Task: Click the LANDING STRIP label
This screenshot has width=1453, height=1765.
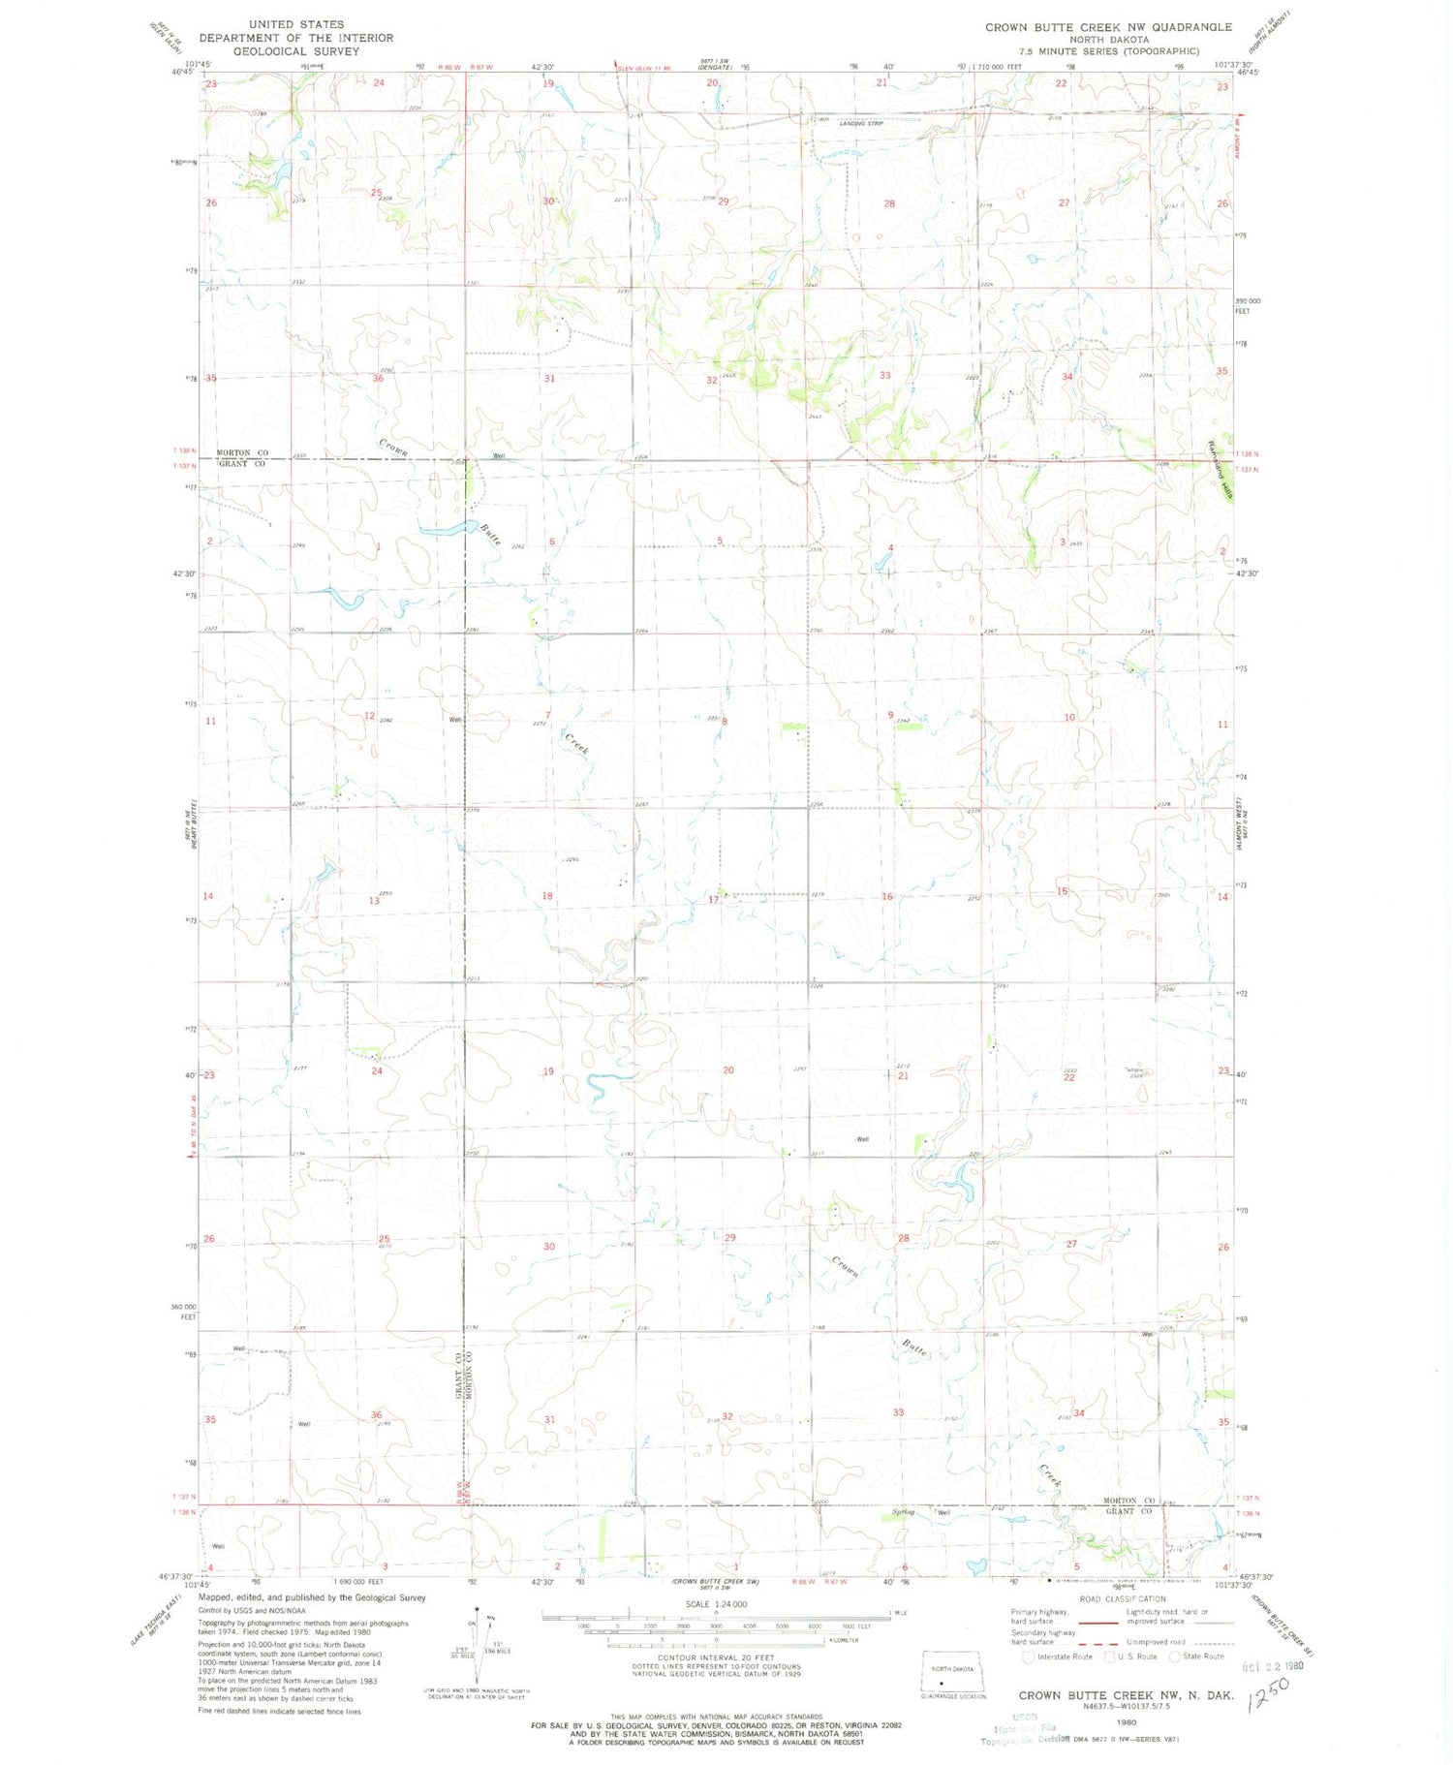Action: (x=861, y=124)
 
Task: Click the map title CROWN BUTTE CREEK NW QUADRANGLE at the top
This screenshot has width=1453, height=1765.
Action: (x=1108, y=27)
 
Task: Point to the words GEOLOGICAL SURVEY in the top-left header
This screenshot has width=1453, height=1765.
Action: (x=296, y=51)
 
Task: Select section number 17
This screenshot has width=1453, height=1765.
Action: (x=714, y=900)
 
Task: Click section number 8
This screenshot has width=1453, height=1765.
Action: (x=724, y=722)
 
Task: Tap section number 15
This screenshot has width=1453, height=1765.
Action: (x=1063, y=891)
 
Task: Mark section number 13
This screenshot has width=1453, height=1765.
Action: (x=374, y=901)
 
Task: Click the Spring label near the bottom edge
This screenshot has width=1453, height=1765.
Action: (x=903, y=1512)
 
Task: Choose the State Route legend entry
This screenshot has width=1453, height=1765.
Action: (x=1197, y=1657)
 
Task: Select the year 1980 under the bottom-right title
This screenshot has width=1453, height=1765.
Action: (x=1127, y=1723)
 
